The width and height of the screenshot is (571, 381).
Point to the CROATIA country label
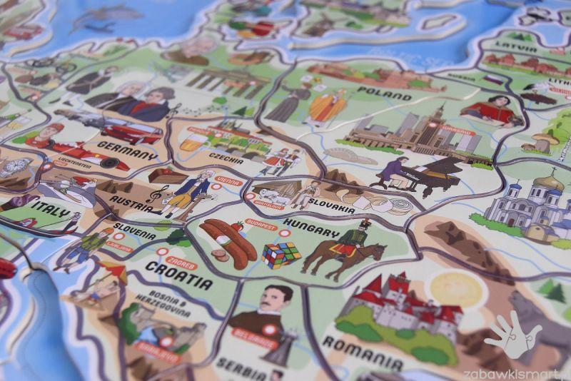point(178,275)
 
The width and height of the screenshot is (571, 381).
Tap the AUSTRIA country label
point(130,200)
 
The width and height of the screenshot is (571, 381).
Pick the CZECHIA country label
point(226,157)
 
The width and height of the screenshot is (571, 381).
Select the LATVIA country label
point(522,49)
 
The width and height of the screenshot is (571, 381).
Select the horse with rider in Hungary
point(343,250)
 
